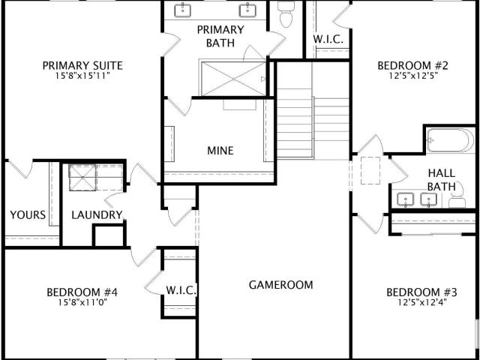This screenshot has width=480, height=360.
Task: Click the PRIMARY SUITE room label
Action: [x=82, y=65]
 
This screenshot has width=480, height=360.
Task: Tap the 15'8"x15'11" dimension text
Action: [x=82, y=76]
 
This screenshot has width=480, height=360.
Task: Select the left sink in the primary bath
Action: [x=182, y=10]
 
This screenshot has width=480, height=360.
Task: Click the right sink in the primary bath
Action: [x=247, y=10]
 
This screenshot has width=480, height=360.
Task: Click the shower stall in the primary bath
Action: [x=233, y=79]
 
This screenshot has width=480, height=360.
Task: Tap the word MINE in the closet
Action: [x=220, y=151]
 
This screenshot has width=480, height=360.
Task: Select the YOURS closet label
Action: [x=28, y=215]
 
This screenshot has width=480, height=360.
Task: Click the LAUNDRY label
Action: [x=97, y=215]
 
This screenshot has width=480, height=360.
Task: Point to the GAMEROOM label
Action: [x=281, y=285]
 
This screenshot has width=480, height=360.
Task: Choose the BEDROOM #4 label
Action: [x=82, y=292]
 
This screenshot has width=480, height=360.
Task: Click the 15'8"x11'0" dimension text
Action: [x=82, y=303]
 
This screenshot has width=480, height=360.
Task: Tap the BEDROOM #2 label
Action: [x=413, y=65]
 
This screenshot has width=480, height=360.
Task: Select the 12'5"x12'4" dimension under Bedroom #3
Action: [x=422, y=303]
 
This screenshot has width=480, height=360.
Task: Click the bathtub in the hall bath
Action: [x=450, y=140]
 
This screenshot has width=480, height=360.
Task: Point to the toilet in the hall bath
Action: [x=457, y=196]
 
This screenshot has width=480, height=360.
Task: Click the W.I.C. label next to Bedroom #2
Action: [x=328, y=40]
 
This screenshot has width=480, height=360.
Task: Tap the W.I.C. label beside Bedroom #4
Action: [x=181, y=290]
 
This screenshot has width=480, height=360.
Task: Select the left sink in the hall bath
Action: [x=405, y=199]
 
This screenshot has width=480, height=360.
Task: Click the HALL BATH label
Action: [x=442, y=180]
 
